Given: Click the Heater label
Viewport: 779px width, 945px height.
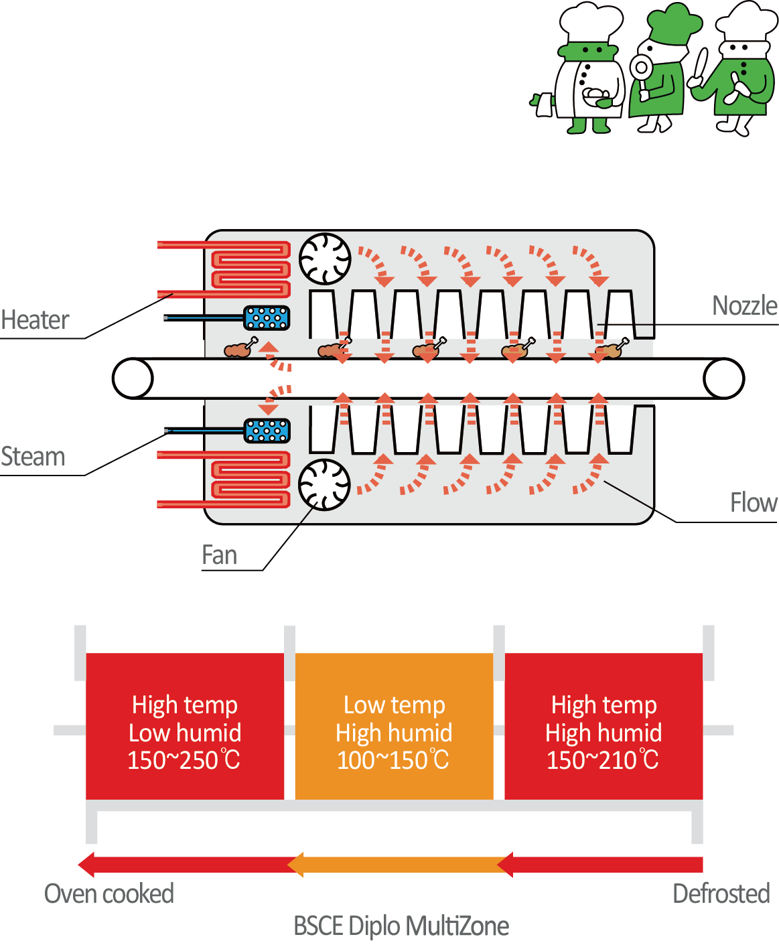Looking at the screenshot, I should pyautogui.click(x=35, y=320).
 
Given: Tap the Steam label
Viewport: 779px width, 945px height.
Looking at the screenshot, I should pyautogui.click(x=33, y=457).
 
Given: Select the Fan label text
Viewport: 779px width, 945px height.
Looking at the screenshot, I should pyautogui.click(x=220, y=555).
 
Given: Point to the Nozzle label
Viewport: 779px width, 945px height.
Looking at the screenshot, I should pyautogui.click(x=744, y=305).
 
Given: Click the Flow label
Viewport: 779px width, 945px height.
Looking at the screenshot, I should pyautogui.click(x=754, y=502).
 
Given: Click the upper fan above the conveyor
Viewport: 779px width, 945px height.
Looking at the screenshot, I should pyautogui.click(x=325, y=259).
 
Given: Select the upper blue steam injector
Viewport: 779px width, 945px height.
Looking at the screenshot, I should pyautogui.click(x=267, y=317).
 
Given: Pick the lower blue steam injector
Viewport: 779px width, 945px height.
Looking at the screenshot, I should pyautogui.click(x=267, y=431).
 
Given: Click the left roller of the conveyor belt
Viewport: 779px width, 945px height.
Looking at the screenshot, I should pyautogui.click(x=133, y=378).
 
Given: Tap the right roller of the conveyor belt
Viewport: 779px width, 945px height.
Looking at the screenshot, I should pyautogui.click(x=723, y=378).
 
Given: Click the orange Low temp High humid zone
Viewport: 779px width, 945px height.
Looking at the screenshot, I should pyautogui.click(x=394, y=727).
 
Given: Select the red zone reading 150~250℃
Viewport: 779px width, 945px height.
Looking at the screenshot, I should pyautogui.click(x=185, y=727).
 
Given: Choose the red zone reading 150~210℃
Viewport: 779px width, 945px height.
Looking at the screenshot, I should pyautogui.click(x=604, y=727).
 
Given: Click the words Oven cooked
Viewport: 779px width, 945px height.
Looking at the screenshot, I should pyautogui.click(x=109, y=894).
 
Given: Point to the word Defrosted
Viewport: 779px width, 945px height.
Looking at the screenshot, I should pyautogui.click(x=721, y=894).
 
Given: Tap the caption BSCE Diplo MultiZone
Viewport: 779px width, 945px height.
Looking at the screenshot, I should pyautogui.click(x=401, y=926).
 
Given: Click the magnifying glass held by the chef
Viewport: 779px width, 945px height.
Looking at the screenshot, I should pyautogui.click(x=641, y=68).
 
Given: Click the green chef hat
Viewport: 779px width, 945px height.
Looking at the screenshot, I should pyautogui.click(x=674, y=23).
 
